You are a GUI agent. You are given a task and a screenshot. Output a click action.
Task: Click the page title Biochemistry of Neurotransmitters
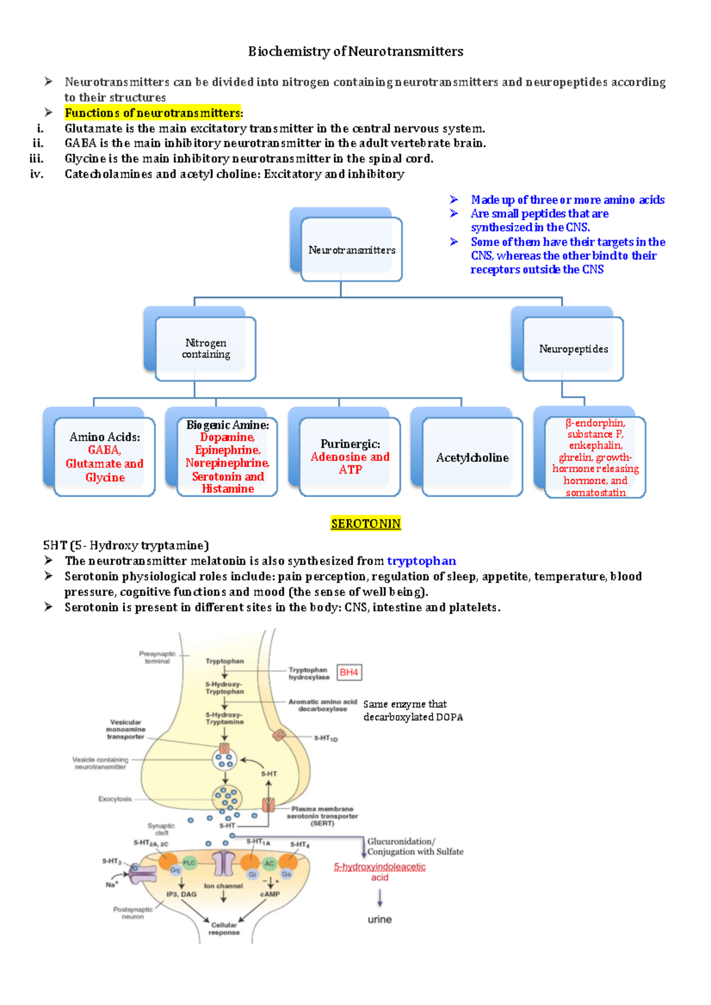pos(355,51)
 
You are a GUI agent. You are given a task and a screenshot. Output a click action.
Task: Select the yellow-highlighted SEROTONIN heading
pos(366,523)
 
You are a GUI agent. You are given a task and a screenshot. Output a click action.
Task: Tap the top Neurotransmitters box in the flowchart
pos(351,250)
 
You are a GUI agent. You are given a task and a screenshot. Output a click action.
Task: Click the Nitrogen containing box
pos(206,349)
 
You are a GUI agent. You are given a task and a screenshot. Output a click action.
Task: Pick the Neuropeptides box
pos(573,349)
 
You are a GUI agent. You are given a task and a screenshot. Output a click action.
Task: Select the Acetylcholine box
pos(472,458)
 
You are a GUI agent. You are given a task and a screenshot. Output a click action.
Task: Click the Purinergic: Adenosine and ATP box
pos(350,456)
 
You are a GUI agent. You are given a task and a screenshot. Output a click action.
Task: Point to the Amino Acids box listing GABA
pos(105,457)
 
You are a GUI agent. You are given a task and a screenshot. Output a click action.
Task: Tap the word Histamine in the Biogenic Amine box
pos(228,489)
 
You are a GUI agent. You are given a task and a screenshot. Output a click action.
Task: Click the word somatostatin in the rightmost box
pos(595,492)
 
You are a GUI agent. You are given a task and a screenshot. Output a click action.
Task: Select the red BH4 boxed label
pos(349,672)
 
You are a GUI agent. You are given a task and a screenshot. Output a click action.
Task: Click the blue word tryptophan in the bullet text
pos(421,561)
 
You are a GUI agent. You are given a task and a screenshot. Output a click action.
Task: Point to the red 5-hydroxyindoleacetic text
pos(380,867)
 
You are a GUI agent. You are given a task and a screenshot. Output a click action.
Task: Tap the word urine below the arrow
pos(380,919)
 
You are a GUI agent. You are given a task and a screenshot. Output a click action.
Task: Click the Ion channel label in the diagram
pos(223,886)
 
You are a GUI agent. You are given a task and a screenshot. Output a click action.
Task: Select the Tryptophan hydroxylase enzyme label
pos(309,674)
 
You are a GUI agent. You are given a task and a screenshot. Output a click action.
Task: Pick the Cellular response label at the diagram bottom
pos(224,929)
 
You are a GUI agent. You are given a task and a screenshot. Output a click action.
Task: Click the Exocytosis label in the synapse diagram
pos(115,799)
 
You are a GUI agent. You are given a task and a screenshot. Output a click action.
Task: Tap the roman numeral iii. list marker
pos(37,159)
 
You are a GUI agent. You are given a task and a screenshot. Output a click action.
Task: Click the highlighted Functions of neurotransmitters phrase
pos(153,113)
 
